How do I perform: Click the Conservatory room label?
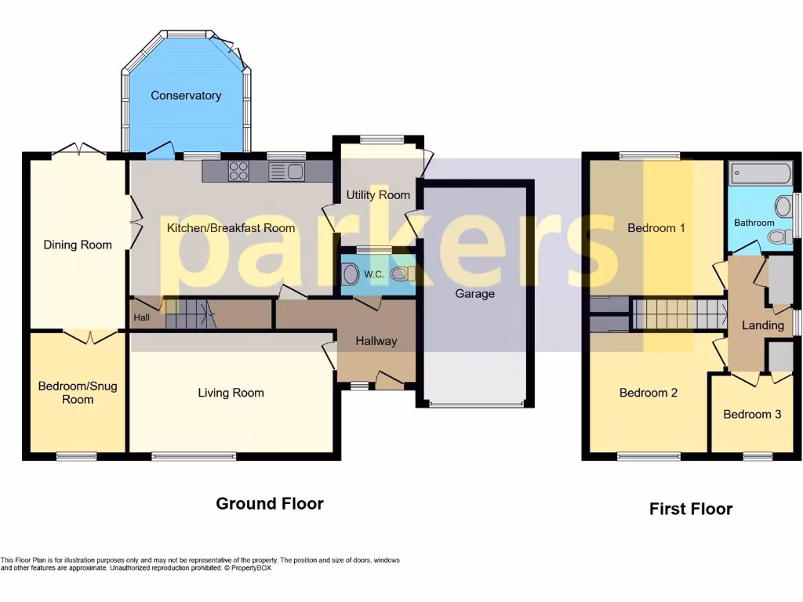pyautogui.click(x=186, y=96)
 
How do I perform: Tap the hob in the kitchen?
pyautogui.click(x=238, y=171)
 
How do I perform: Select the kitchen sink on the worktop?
pyautogui.click(x=286, y=171)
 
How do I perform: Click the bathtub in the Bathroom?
pyautogui.click(x=760, y=174)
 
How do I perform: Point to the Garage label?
pyautogui.click(x=475, y=294)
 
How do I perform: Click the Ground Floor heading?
pyautogui.click(x=269, y=503)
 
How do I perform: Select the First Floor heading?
pyautogui.click(x=690, y=509)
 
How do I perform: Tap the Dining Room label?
pyautogui.click(x=77, y=245)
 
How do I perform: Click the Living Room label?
pyautogui.click(x=231, y=393)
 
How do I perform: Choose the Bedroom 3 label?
pyautogui.click(x=751, y=414)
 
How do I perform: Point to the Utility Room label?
pyautogui.click(x=378, y=194)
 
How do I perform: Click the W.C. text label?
pyautogui.click(x=374, y=274)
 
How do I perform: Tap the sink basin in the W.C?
pyautogui.click(x=351, y=274)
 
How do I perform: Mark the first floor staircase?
pyautogui.click(x=679, y=314)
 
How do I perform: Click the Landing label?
pyautogui.click(x=762, y=325)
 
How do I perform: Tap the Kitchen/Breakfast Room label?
pyautogui.click(x=231, y=228)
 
